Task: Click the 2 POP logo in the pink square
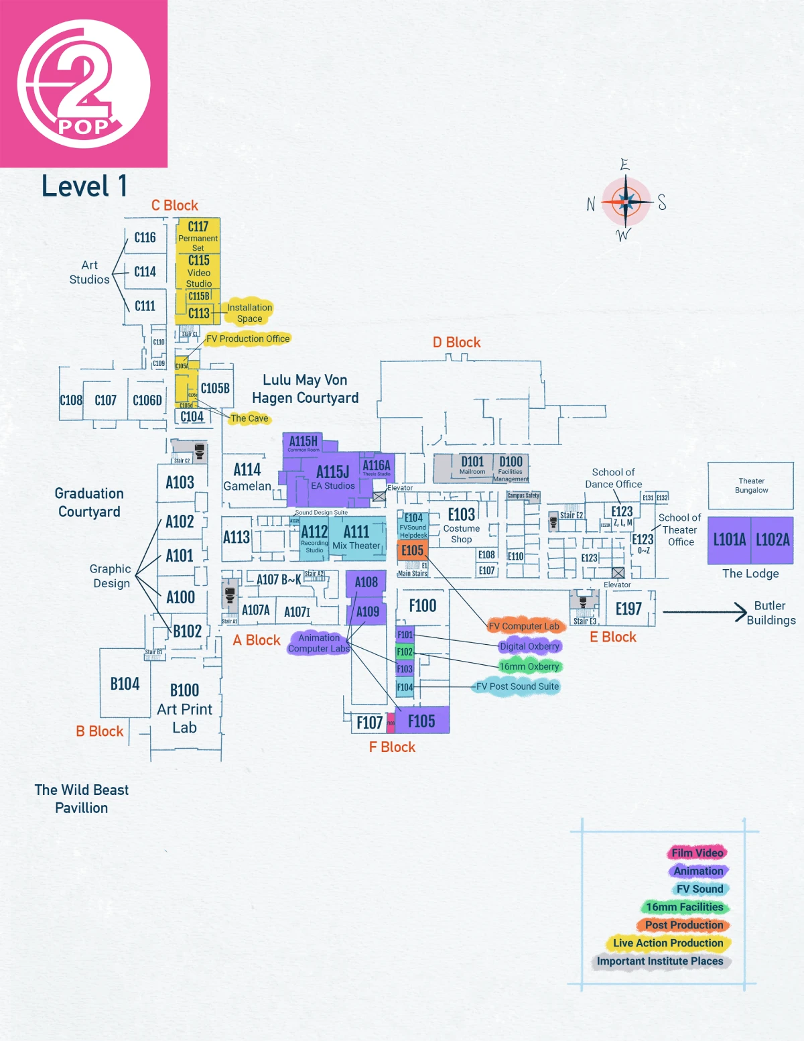tap(83, 83)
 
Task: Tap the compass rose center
tap(626, 201)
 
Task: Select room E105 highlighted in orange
tap(412, 551)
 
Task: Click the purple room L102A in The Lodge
tap(773, 540)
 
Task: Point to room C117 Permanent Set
tap(198, 235)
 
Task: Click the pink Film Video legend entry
tap(697, 853)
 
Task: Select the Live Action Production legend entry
tap(668, 943)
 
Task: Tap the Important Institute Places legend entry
tap(660, 961)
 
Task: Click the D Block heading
tap(456, 343)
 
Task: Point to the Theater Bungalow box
tap(751, 485)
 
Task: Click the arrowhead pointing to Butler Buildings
tap(741, 611)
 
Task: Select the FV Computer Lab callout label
tap(523, 626)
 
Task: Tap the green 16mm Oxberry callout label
tap(529, 666)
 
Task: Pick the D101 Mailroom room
tap(472, 465)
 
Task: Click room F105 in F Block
tap(421, 721)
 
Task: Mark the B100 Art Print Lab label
tap(184, 709)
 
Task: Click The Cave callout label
tap(249, 418)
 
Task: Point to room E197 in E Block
tap(628, 609)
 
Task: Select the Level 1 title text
tap(84, 186)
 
